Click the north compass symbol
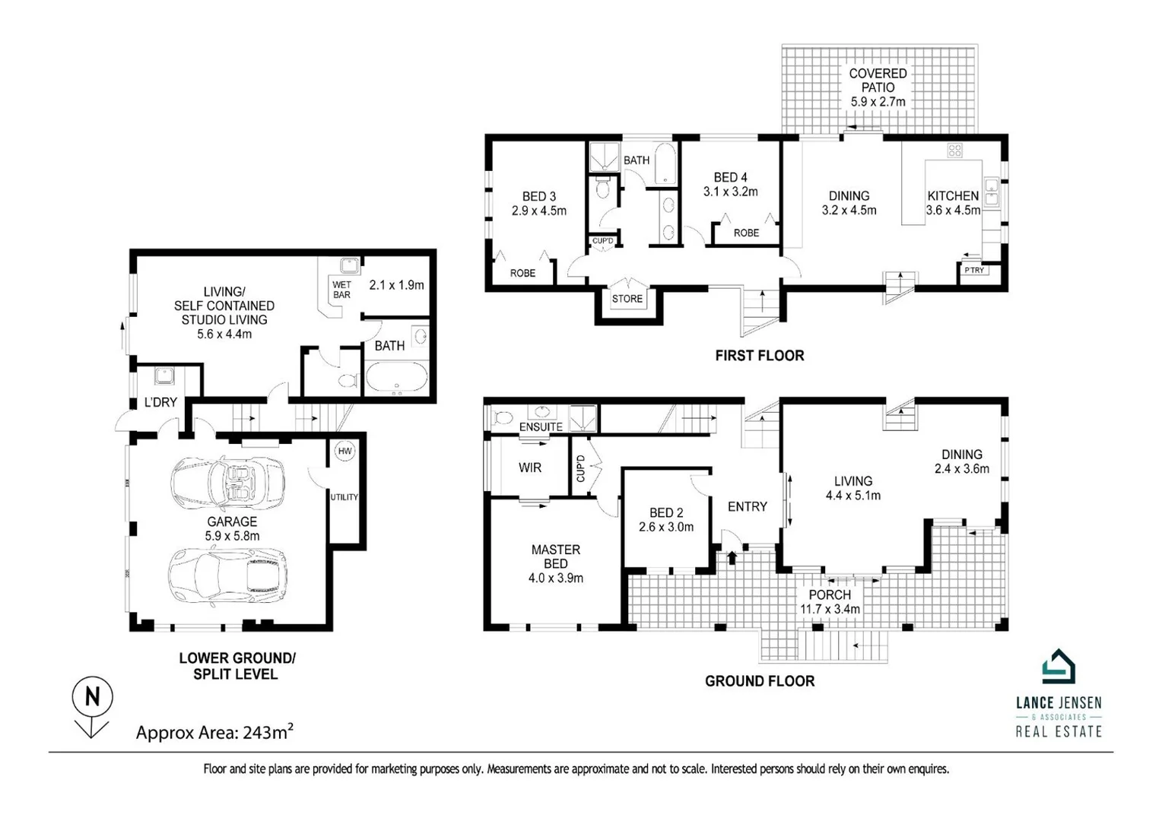pyautogui.click(x=92, y=705)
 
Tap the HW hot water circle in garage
pyautogui.click(x=344, y=452)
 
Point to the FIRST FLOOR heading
pyautogui.click(x=759, y=355)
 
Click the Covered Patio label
pyautogui.click(x=878, y=80)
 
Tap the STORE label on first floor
pyautogui.click(x=627, y=299)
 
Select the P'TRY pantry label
pyautogui.click(x=973, y=270)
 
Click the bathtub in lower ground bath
pyautogui.click(x=397, y=378)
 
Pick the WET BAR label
pyautogui.click(x=341, y=290)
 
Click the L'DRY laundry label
pyautogui.click(x=160, y=402)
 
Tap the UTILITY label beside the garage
pyautogui.click(x=344, y=497)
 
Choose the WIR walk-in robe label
pyautogui.click(x=530, y=468)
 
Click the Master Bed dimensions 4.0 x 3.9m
pyautogui.click(x=555, y=578)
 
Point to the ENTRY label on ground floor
pyautogui.click(x=747, y=506)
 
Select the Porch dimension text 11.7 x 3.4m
pyautogui.click(x=830, y=609)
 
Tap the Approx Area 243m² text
pyautogui.click(x=214, y=732)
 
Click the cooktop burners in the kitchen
pyautogui.click(x=954, y=150)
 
